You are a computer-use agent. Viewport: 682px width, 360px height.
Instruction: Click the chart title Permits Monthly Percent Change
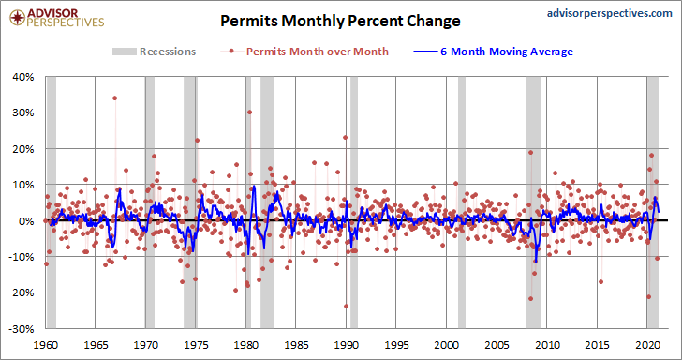340,21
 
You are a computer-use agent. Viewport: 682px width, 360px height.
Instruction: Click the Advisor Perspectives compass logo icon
18,18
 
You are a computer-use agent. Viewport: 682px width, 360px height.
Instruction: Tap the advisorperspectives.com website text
609,13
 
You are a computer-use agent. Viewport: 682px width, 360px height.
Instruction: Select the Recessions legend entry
154,52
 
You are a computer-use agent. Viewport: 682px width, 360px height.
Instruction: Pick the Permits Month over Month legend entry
304,52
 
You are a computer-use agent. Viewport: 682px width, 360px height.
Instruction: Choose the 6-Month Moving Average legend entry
493,52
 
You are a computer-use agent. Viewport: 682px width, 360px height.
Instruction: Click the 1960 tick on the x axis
46,345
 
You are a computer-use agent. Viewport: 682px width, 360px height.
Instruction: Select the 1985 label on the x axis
296,345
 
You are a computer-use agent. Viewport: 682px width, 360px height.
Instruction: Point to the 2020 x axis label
646,345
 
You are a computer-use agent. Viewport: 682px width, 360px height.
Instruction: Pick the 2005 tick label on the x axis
497,345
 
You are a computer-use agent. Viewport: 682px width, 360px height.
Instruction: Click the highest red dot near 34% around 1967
115,97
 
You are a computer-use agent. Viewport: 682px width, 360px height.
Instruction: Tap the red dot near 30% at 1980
249,112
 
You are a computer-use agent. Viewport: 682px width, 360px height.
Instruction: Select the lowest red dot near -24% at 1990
347,306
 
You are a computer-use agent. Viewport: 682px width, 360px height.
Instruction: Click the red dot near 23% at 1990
346,137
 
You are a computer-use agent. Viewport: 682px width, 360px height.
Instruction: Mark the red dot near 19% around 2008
530,153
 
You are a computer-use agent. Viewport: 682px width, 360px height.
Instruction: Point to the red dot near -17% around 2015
601,281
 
